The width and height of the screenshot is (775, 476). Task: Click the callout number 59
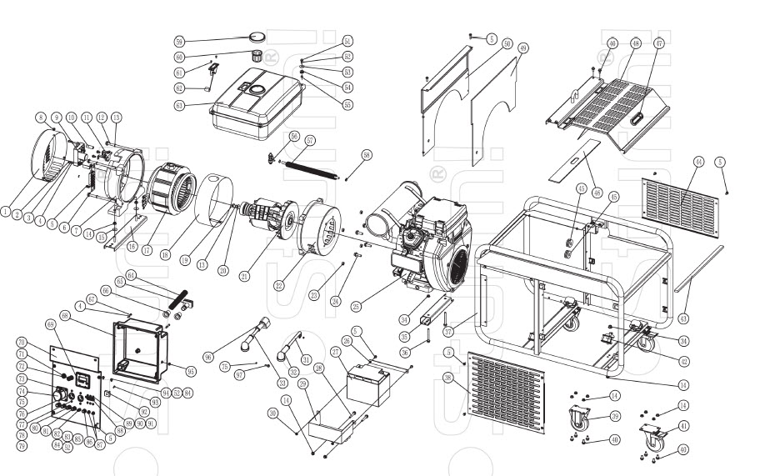(179, 41)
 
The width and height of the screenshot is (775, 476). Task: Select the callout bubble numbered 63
(179, 106)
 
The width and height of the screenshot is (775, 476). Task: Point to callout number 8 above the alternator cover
(40, 116)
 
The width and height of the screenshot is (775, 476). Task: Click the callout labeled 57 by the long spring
(309, 139)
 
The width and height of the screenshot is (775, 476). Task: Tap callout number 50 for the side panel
(507, 43)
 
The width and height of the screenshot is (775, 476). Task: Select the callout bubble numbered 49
(523, 48)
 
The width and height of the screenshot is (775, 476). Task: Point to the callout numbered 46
(597, 192)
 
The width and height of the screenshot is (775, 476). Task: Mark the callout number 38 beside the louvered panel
(448, 378)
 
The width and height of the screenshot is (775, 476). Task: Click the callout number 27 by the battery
(337, 352)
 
